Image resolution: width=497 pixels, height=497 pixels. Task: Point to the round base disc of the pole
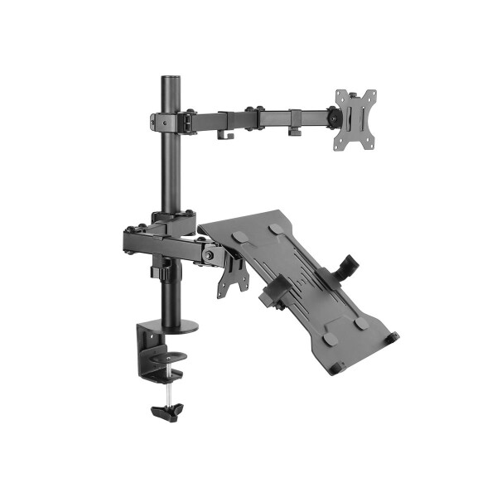click(175, 325)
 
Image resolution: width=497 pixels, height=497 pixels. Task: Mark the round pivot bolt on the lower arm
click(207, 258)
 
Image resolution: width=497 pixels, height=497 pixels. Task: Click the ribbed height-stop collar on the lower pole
click(168, 270)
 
